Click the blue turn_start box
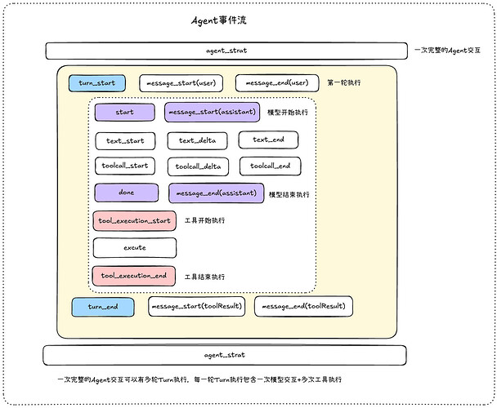(97, 83)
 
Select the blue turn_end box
(103, 307)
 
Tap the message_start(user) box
(181, 83)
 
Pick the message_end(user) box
(277, 83)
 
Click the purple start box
(125, 112)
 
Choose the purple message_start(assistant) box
(212, 112)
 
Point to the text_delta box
(198, 140)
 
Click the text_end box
(268, 140)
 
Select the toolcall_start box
(125, 166)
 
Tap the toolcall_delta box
(198, 166)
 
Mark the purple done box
(127, 193)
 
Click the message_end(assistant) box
(216, 193)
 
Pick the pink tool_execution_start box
(134, 220)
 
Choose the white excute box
(135, 248)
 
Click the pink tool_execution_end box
(134, 276)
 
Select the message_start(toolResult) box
(196, 306)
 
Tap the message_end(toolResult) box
(303, 306)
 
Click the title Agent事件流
(219, 20)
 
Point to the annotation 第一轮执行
(344, 82)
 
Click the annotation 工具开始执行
(204, 220)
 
